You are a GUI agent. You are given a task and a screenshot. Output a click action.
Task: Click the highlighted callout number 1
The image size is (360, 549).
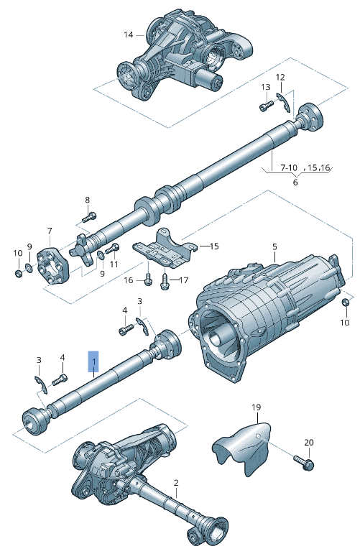(93, 361)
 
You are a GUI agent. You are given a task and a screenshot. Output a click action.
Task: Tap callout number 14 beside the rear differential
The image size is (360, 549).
(129, 34)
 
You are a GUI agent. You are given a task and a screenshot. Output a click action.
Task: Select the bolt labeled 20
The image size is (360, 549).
(304, 462)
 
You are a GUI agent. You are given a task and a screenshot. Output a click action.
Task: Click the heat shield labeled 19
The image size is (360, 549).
(242, 448)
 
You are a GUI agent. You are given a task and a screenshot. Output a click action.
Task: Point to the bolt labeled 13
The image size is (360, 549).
(267, 105)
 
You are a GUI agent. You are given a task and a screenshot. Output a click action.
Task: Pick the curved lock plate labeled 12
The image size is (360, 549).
(284, 102)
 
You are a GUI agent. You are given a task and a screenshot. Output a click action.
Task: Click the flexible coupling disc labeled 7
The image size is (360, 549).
(52, 267)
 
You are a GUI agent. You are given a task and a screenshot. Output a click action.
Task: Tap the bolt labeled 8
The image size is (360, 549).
(89, 218)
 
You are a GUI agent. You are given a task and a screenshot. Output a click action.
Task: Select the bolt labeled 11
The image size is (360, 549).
(112, 249)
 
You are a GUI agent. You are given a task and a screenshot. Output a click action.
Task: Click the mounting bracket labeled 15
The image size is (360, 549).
(164, 249)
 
